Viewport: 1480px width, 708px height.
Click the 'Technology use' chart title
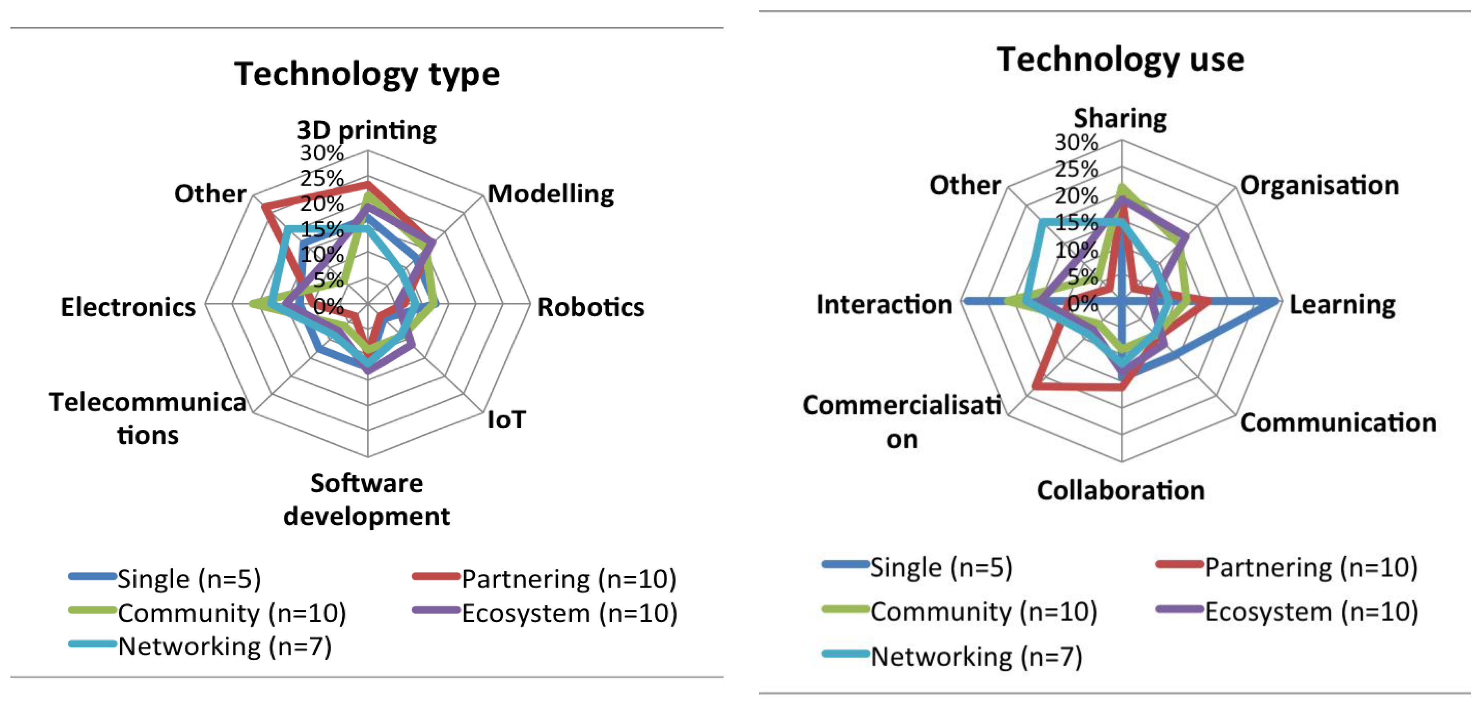(x=1120, y=60)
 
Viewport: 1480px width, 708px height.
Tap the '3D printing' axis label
(x=366, y=130)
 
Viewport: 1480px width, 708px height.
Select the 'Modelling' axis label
(x=550, y=194)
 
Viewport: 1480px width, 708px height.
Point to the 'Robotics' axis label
(x=590, y=307)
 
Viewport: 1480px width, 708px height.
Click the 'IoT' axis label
(x=506, y=420)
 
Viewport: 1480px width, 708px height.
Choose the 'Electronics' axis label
(x=128, y=307)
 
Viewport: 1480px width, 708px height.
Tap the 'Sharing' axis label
(x=1120, y=118)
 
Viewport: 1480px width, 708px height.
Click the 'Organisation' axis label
(x=1319, y=185)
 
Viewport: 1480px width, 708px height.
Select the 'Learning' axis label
(x=1343, y=304)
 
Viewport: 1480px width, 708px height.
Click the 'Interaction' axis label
(x=884, y=304)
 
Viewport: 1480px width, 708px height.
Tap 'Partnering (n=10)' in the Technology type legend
(x=568, y=579)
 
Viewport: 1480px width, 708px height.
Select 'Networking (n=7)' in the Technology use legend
(x=975, y=656)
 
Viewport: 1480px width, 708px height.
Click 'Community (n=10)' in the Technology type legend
(x=231, y=613)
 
